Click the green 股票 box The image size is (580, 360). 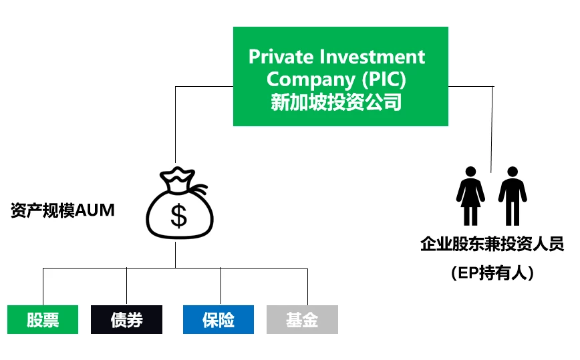coord(43,319)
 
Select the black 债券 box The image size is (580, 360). coord(126,319)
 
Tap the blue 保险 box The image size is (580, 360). coord(219,319)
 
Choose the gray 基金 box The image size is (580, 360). coord(302,319)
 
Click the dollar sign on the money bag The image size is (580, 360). coord(178,216)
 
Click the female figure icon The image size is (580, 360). coord(470,196)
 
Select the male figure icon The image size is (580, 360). coord(513,196)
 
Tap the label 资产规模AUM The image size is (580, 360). coord(63,210)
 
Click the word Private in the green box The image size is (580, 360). coord(281,57)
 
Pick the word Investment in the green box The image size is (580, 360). coord(372,57)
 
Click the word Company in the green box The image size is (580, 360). coord(311,80)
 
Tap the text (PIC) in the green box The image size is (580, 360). coord(384,79)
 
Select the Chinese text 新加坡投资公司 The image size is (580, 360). coord(336,102)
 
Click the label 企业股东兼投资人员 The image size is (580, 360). coord(492,244)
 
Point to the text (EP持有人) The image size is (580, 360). coord(492,273)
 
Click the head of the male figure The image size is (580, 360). coord(513,172)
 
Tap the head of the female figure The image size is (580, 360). coord(470,172)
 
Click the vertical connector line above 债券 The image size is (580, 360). coord(126,287)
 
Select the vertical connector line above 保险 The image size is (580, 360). coord(221,287)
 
